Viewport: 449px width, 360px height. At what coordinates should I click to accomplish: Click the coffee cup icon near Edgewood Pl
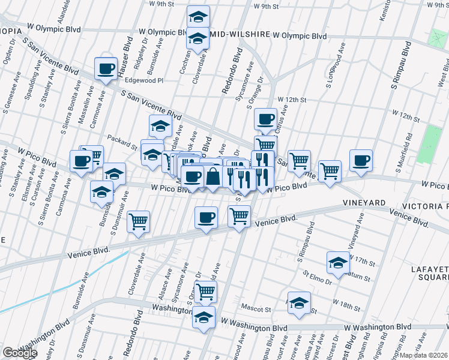click(x=106, y=68)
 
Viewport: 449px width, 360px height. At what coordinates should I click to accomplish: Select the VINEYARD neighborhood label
click(x=364, y=203)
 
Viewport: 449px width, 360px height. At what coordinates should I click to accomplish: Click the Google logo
click(x=20, y=353)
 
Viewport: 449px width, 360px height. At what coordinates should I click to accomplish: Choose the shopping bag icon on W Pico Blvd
click(x=213, y=176)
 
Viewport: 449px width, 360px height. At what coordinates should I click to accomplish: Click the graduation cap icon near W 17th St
click(x=338, y=262)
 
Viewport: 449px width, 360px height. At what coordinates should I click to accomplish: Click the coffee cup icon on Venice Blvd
click(x=206, y=217)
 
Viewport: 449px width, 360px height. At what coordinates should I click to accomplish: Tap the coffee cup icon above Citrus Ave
click(x=265, y=119)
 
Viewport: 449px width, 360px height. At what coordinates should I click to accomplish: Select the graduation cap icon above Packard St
click(x=160, y=126)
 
